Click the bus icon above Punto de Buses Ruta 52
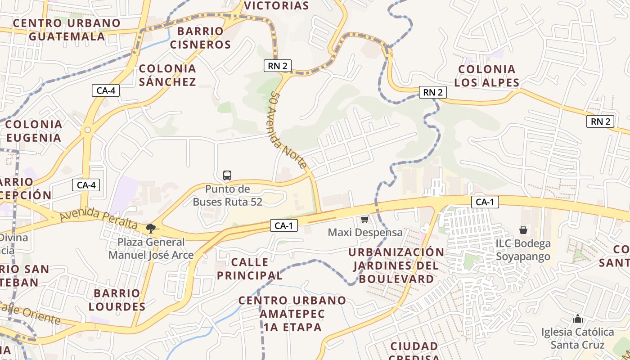(x=227, y=175)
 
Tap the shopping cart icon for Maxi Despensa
(x=364, y=220)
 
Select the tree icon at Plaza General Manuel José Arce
(x=151, y=229)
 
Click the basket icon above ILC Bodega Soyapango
(x=523, y=230)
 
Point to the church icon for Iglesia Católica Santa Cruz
(x=578, y=319)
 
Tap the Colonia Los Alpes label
(x=486, y=76)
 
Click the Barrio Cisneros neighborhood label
(x=200, y=38)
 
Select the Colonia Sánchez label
(x=167, y=75)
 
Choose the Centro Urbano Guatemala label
(x=67, y=30)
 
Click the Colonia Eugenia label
(x=34, y=131)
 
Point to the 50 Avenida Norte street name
(x=288, y=130)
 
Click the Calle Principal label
(x=250, y=269)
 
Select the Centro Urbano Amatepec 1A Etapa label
(x=292, y=314)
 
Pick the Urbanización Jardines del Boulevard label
(x=396, y=265)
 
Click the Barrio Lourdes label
(x=117, y=300)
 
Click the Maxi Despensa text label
(x=365, y=233)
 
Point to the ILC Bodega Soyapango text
(x=523, y=250)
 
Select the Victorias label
(x=276, y=6)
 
